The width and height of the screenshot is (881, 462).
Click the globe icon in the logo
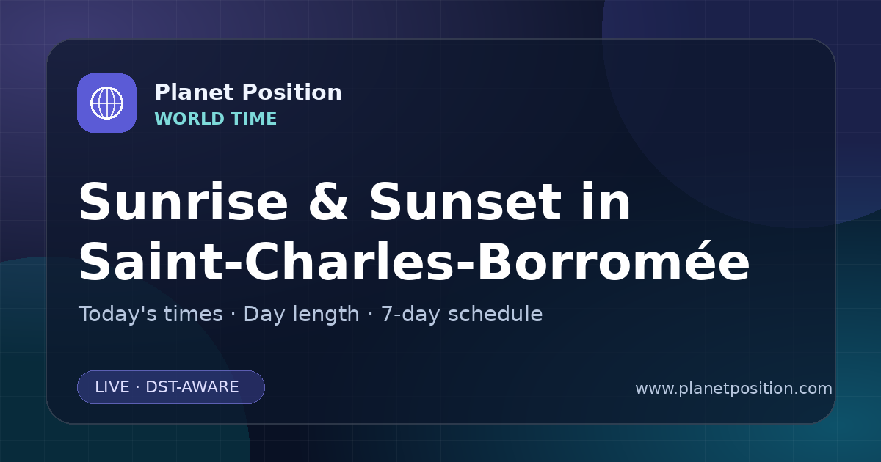[x=106, y=103]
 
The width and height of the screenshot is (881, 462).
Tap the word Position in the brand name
[x=292, y=92]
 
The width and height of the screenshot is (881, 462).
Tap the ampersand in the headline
[x=328, y=202]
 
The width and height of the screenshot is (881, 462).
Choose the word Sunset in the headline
[x=465, y=202]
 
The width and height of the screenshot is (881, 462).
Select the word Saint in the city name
[x=151, y=261]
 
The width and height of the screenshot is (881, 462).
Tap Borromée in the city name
[x=614, y=260]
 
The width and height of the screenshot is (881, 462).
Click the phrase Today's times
[x=151, y=314]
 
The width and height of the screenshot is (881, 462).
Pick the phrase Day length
[x=302, y=315]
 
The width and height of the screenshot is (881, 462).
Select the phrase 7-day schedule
[x=462, y=315]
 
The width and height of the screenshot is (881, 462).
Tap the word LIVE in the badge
[x=112, y=387]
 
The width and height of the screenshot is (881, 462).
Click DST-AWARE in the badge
[x=192, y=387]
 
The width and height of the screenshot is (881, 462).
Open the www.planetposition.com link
[x=734, y=389]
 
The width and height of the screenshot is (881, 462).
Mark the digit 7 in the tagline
[x=388, y=315]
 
